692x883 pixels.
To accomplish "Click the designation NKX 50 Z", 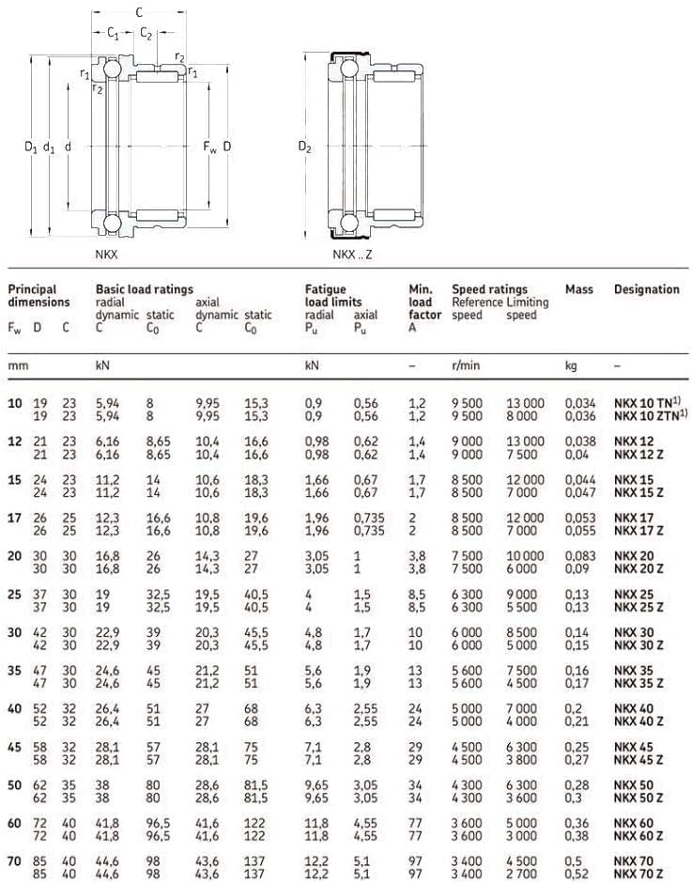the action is (x=638, y=798).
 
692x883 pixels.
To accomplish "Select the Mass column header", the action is (x=579, y=289).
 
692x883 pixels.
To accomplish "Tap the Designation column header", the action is (x=647, y=289).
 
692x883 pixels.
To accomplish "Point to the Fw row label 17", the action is (x=15, y=518).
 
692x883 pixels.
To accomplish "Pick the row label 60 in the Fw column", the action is (x=15, y=823).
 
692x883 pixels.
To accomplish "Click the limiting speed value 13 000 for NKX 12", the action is (x=525, y=441).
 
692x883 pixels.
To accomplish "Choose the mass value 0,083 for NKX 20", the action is (x=580, y=556).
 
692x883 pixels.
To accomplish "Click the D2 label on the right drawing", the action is (x=304, y=147).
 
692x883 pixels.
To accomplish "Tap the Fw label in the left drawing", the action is (x=209, y=147).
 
